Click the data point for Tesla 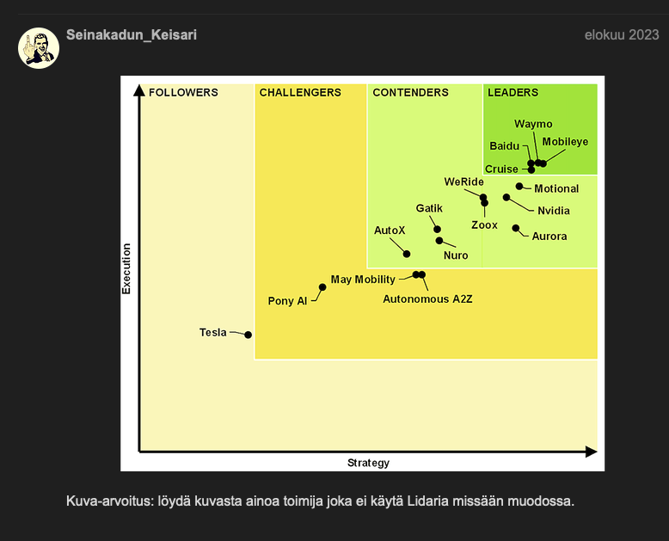click(248, 335)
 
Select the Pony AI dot click(322, 287)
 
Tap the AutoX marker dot click(407, 254)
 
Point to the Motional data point click(519, 186)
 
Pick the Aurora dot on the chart click(516, 228)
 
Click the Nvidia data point click(506, 197)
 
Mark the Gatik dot click(438, 229)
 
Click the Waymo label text click(533, 124)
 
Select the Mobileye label click(565, 142)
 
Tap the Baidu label click(504, 146)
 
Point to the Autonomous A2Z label click(427, 299)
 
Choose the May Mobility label click(363, 280)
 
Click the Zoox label click(484, 224)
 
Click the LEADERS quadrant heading click(512, 93)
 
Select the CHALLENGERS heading click(300, 93)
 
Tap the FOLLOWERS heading click(183, 93)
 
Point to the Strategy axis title click(368, 463)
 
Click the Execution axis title click(126, 268)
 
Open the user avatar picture click(39, 48)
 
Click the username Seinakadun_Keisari click(132, 35)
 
